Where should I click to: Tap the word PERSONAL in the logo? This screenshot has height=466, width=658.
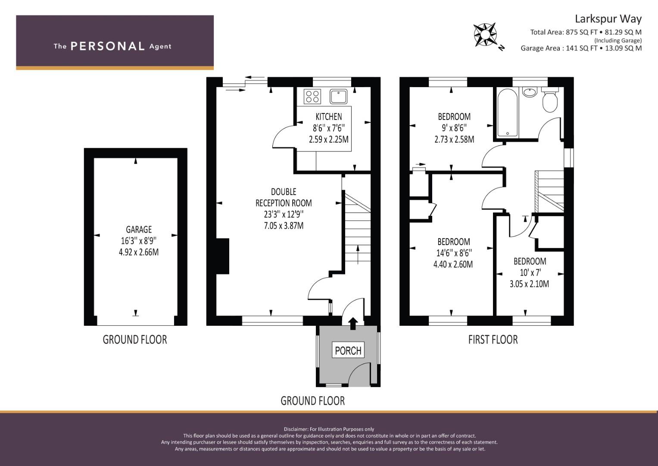108,46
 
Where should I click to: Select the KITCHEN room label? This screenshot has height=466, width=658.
329,117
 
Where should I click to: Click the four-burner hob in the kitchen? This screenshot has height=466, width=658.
312,97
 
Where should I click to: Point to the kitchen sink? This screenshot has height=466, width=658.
338,97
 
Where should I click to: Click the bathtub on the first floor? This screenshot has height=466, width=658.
508,113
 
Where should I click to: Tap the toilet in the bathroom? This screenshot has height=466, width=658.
550,100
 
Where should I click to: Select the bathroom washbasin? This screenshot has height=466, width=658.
530,92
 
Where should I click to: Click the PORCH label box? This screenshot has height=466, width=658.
348,350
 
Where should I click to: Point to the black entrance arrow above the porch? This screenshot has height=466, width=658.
353,323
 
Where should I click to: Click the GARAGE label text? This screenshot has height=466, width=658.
139,230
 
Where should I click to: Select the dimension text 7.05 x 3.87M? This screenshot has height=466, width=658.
284,226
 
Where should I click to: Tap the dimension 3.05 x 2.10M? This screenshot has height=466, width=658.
529,284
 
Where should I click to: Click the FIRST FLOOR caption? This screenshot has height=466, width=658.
493,340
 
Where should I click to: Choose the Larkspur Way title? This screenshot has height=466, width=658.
608,19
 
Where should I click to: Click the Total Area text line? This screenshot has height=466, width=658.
586,32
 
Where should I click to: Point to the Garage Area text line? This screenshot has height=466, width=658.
581,48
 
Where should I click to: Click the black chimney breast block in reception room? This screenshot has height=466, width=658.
223,256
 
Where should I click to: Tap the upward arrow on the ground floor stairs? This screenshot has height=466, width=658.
358,255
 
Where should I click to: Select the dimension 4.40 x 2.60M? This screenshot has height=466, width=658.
453,264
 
